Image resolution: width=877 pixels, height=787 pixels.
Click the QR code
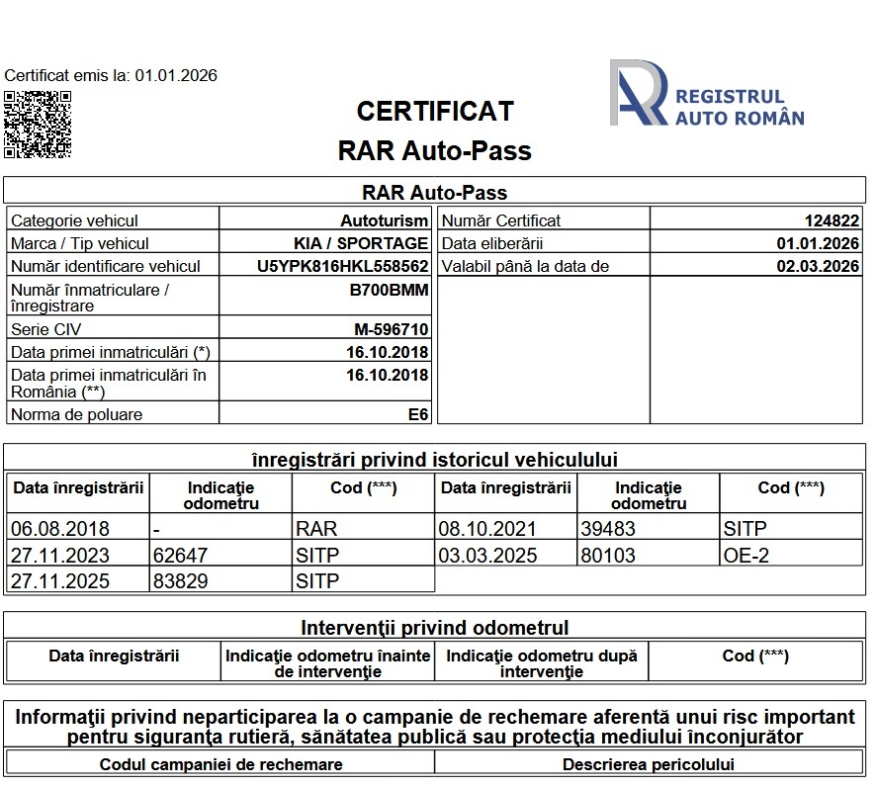click(38, 124)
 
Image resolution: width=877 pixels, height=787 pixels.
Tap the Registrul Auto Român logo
click(707, 93)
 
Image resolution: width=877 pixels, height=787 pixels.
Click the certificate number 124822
click(832, 220)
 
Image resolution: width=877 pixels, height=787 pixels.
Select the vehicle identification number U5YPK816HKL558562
click(342, 266)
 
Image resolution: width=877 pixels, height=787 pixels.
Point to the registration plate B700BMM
click(389, 291)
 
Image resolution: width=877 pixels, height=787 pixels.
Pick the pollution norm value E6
click(418, 414)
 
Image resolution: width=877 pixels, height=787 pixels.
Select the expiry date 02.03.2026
click(818, 266)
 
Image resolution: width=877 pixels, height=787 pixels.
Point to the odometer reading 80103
click(608, 555)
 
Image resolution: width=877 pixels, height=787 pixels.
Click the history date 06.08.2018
click(59, 529)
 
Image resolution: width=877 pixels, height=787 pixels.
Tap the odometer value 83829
click(181, 581)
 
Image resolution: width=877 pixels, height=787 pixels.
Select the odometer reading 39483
click(608, 529)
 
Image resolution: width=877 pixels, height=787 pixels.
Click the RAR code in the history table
click(316, 529)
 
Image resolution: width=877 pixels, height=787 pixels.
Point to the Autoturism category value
click(385, 220)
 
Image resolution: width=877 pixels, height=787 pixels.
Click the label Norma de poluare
click(76, 414)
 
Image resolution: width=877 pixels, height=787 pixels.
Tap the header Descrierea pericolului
click(649, 764)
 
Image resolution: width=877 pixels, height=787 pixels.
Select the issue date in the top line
click(176, 75)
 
